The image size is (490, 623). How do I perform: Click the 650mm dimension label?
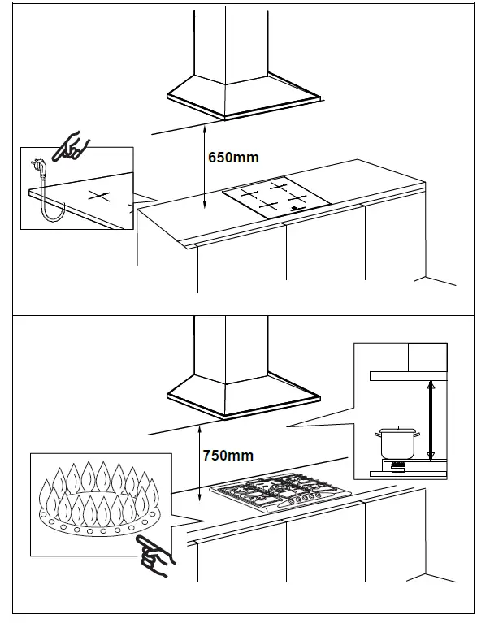tap(233, 158)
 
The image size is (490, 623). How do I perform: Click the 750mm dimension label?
tap(228, 456)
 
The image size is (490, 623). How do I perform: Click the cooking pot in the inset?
tap(397, 443)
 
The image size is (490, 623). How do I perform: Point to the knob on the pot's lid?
tap(397, 428)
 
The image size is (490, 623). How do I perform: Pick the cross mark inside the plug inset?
tap(98, 196)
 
